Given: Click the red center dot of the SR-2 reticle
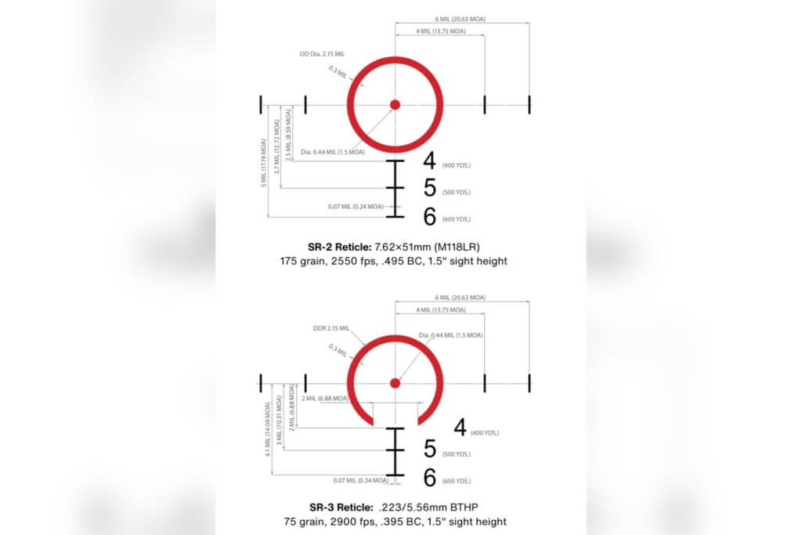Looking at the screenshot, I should point(396,104).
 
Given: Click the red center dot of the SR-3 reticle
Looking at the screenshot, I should point(396,382).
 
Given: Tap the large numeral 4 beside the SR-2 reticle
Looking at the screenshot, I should point(429,161).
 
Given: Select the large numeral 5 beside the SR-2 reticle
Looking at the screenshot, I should point(429,189).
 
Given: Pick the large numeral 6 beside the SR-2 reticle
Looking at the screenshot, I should point(429,216).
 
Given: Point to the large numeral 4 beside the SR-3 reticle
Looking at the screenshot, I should point(460,428).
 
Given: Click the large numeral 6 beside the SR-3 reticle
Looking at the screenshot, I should point(429,478).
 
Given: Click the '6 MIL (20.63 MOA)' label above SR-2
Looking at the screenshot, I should point(461,18).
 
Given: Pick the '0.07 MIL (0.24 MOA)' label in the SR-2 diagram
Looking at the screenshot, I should point(356,207).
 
